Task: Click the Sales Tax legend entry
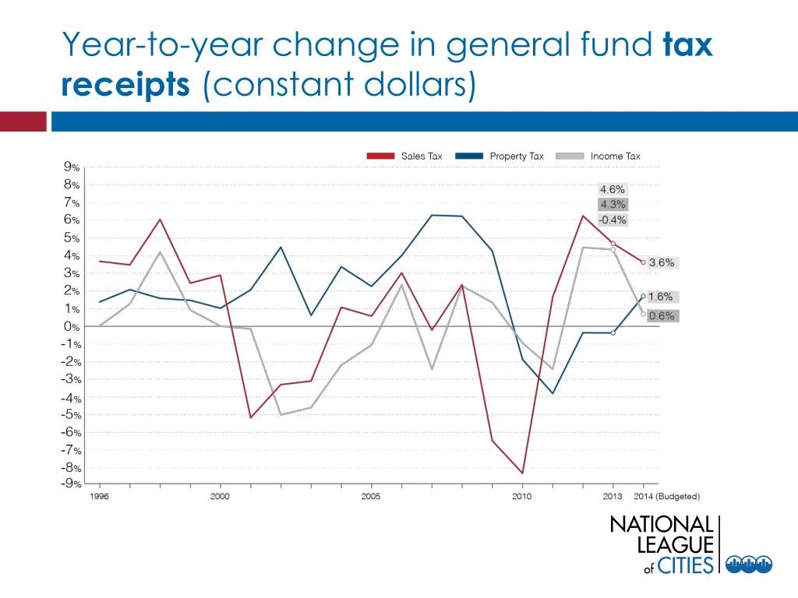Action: click(405, 157)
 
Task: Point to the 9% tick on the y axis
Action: click(72, 167)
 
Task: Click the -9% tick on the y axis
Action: click(72, 484)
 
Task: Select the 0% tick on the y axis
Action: click(72, 326)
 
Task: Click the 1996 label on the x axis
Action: click(99, 497)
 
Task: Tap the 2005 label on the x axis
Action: click(371, 497)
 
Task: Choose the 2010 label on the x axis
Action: click(521, 497)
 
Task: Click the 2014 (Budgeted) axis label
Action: click(666, 497)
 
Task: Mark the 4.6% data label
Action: click(612, 189)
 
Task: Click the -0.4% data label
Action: click(612, 220)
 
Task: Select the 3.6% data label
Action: click(662, 263)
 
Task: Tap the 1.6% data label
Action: click(660, 297)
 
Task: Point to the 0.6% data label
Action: click(662, 316)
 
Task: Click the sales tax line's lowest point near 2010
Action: click(522, 473)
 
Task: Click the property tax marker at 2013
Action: click(613, 332)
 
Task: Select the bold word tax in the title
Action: click(687, 46)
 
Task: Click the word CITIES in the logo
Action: click(686, 565)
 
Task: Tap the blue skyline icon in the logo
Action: click(749, 565)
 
